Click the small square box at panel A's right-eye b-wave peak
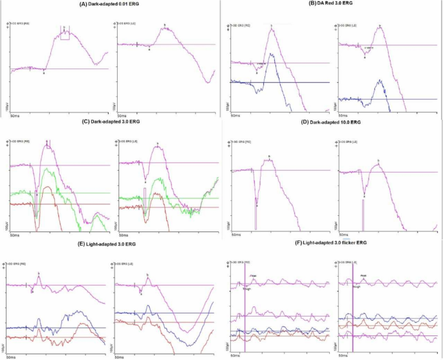click(65, 35)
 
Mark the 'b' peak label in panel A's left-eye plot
click(165, 25)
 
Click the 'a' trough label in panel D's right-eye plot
click(257, 206)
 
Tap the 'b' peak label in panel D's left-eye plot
click(378, 160)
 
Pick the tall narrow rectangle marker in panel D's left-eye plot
click(363, 215)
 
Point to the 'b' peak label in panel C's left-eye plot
click(157, 143)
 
